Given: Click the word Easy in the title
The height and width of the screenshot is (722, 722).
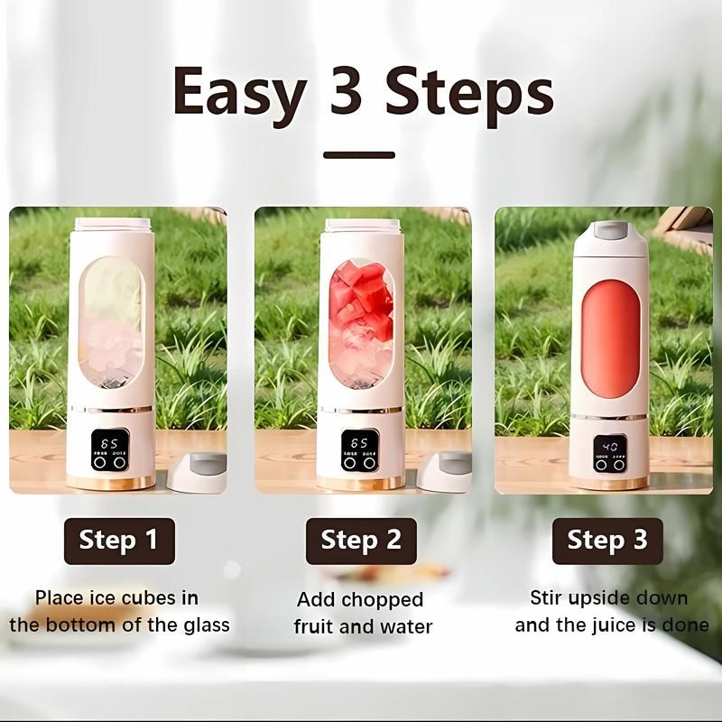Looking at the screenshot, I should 237,92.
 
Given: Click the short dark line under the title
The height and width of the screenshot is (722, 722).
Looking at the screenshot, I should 359,155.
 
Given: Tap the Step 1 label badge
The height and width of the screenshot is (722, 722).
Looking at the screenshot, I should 118,541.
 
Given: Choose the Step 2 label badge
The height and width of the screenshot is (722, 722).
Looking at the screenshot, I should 361,541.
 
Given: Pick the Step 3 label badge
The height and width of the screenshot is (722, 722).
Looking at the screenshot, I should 606,541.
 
